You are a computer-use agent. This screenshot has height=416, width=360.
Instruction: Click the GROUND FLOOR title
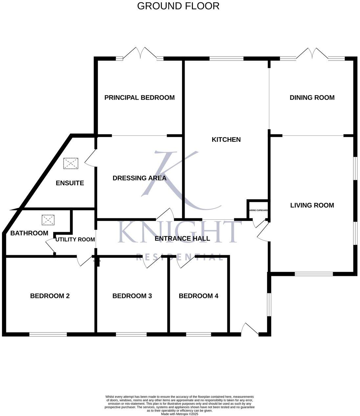click(178, 6)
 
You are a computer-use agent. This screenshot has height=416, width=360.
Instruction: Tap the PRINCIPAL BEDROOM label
click(139, 98)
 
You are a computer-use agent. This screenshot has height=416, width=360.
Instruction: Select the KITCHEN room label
click(226, 139)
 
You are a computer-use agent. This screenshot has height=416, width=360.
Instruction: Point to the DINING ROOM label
click(312, 98)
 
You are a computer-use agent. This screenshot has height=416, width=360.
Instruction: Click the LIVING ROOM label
click(312, 205)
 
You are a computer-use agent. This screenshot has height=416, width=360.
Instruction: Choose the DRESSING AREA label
click(139, 178)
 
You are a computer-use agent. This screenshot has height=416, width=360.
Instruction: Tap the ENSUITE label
click(70, 183)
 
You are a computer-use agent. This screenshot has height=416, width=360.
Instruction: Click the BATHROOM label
click(29, 233)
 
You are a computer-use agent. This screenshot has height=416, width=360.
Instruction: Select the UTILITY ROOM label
click(75, 239)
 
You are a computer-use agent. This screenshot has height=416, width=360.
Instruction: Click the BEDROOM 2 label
click(50, 296)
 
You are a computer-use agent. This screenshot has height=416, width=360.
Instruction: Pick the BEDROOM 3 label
click(132, 296)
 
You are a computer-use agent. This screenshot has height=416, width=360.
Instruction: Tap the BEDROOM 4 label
click(198, 296)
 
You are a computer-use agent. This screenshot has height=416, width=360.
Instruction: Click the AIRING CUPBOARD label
click(259, 210)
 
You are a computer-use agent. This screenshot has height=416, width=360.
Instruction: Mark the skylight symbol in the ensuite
click(71, 163)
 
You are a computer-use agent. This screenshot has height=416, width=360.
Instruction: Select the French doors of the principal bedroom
click(140, 54)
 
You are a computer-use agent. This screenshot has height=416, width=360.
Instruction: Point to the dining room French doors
click(312, 54)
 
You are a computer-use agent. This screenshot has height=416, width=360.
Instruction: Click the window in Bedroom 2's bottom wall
click(48, 334)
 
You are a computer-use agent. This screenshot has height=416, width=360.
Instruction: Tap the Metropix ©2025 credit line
click(179, 414)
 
